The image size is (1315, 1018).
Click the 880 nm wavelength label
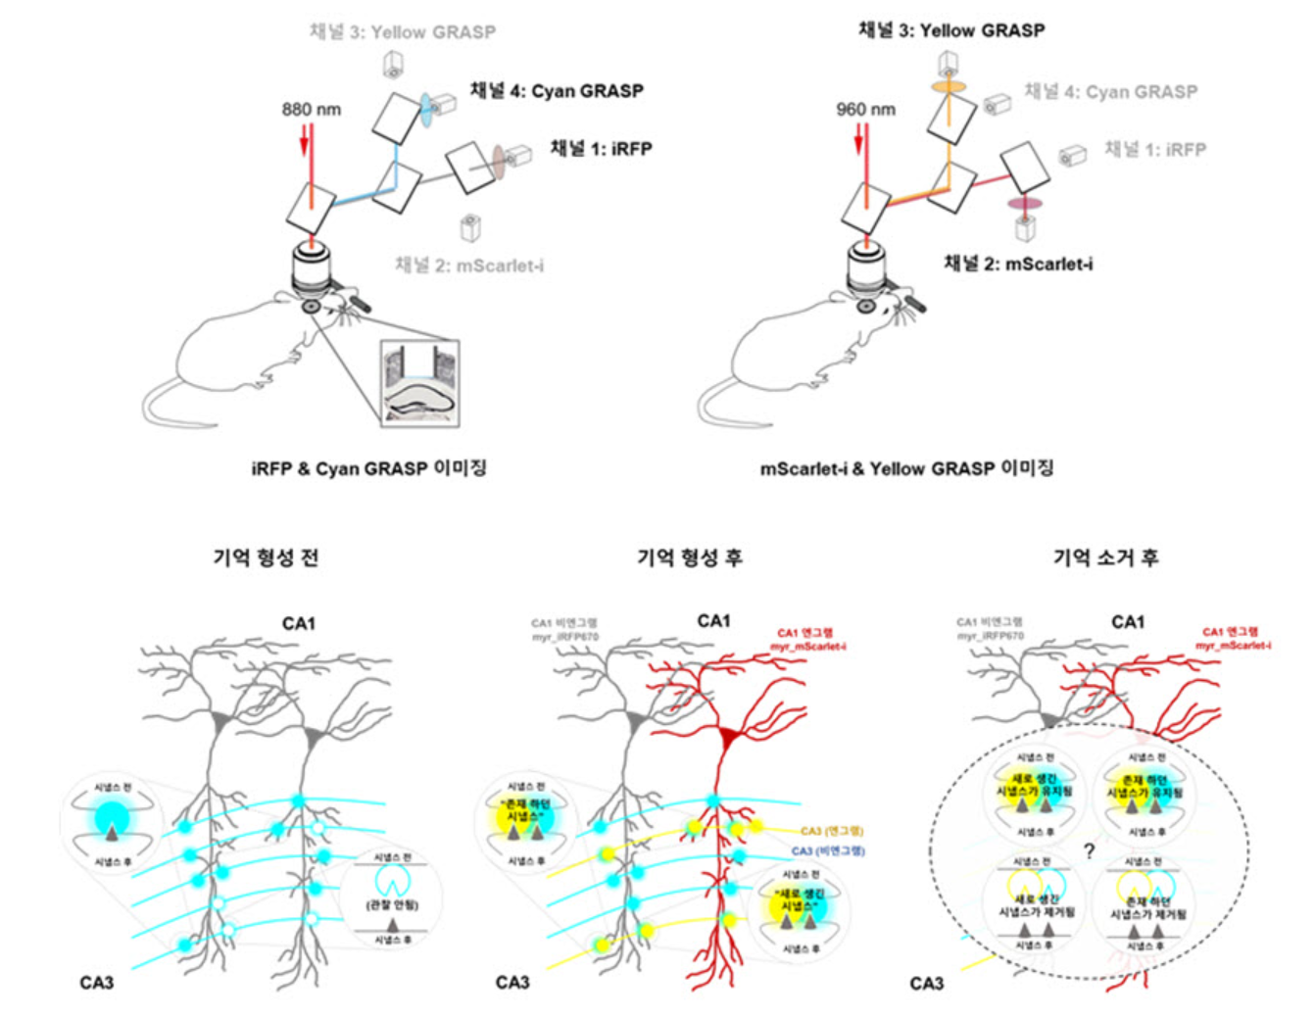[x=312, y=109]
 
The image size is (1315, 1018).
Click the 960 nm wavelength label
[x=865, y=109]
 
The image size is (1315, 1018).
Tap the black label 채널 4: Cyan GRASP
[x=557, y=91]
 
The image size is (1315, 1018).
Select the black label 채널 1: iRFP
[x=601, y=148]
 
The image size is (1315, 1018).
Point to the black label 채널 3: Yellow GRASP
[x=951, y=30]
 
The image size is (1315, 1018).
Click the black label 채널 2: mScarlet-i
[x=1018, y=264]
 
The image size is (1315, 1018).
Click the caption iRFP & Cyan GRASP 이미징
[x=368, y=468]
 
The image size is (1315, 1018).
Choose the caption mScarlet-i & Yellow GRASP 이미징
[x=906, y=468]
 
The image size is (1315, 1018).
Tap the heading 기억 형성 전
[x=266, y=557]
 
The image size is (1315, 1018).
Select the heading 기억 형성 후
[x=690, y=557]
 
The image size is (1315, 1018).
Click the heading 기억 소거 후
[x=1105, y=557]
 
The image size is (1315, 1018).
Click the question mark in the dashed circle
[x=1089, y=850]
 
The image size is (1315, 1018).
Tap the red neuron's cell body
[x=728, y=738]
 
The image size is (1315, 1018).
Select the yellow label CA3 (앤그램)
[x=832, y=831]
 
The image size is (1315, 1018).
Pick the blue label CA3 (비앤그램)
[x=828, y=851]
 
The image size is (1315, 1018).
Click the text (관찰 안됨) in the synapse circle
[x=392, y=904]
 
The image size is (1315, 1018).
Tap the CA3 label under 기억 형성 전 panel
[x=96, y=982]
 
